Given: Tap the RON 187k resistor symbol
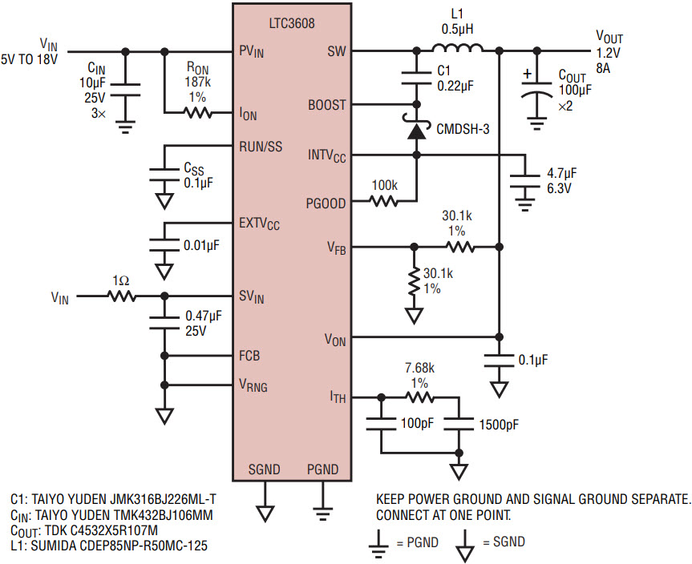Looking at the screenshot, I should click(x=197, y=113).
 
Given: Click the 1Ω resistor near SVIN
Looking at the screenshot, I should click(x=122, y=296).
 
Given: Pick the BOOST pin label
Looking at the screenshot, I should click(x=327, y=105).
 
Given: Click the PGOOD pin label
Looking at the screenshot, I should click(x=326, y=203).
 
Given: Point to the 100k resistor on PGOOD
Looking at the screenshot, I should click(x=383, y=203).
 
